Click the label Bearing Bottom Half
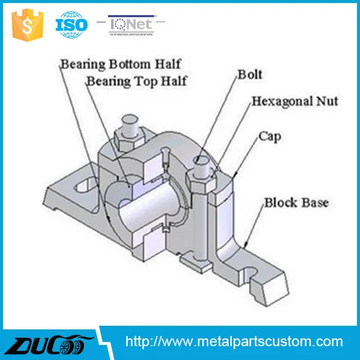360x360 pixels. [x=120, y=64]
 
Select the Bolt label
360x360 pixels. [x=250, y=75]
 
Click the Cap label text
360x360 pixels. [x=270, y=137]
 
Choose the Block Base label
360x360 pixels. [x=296, y=203]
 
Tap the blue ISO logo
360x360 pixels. [x=71, y=25]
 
